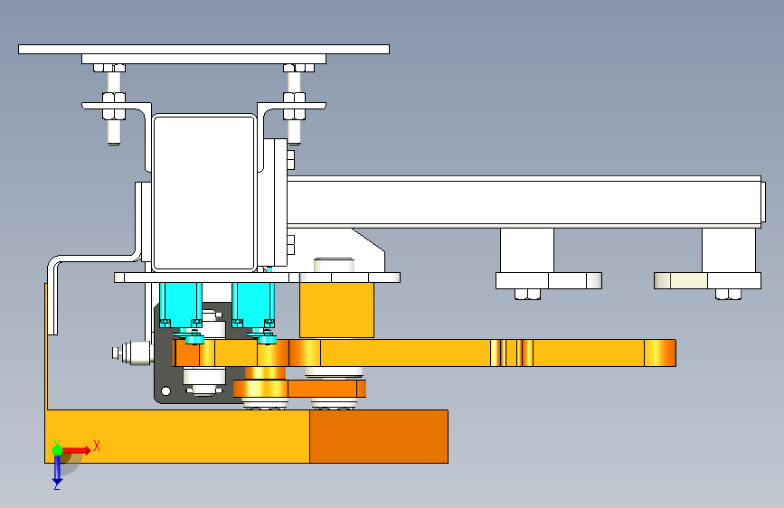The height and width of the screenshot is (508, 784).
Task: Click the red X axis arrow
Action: tap(76, 450)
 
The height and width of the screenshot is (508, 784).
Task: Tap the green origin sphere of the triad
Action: tap(57, 450)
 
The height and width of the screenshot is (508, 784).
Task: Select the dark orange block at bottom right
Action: tap(379, 437)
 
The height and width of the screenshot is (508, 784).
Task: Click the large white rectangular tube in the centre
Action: tap(204, 193)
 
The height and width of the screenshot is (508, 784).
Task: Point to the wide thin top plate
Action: tap(203, 49)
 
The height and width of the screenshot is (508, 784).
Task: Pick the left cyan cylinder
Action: tap(181, 304)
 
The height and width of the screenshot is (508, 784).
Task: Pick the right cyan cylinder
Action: tap(253, 304)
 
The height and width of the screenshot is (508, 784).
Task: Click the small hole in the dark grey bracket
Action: tap(165, 391)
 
